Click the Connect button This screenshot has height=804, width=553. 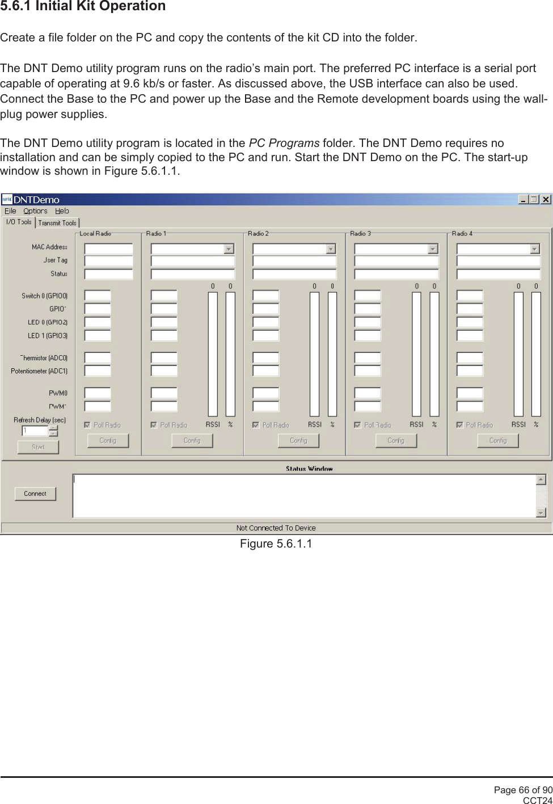[35, 494]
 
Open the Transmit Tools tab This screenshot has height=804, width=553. [57, 223]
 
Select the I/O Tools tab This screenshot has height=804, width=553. [19, 222]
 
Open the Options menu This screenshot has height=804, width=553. [35, 211]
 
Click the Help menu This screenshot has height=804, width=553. [62, 211]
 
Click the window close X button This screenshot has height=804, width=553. [546, 199]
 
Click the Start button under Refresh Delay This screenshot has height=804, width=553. [38, 447]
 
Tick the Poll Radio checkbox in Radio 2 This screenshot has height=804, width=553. [256, 424]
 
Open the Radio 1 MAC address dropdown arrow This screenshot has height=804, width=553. [229, 249]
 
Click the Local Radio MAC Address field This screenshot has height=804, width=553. [108, 249]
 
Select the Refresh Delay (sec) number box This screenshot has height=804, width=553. [35, 431]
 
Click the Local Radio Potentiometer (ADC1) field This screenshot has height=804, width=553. [98, 371]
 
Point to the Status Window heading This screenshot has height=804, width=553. [309, 469]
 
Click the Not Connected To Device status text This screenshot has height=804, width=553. [276, 528]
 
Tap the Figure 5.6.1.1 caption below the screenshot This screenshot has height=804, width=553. [276, 544]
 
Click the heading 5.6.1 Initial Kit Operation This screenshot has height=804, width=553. [83, 6]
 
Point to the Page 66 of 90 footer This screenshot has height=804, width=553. [522, 790]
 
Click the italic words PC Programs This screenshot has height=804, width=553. [284, 143]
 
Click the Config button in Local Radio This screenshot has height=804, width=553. [108, 440]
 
